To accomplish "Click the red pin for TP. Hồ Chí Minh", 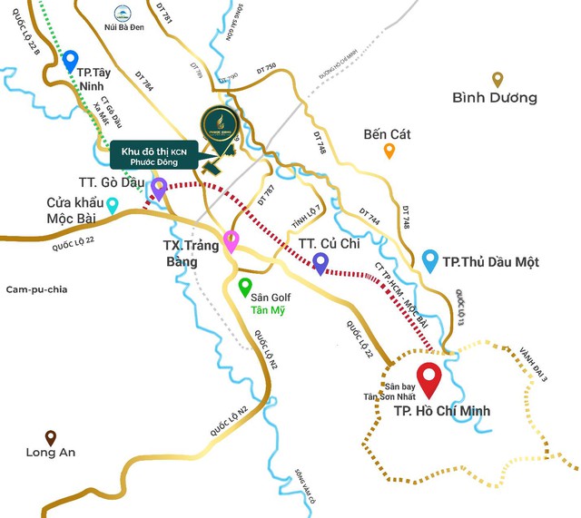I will pos(428,377).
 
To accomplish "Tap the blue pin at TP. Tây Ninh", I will pos(71,61).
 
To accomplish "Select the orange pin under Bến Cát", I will pos(389,151).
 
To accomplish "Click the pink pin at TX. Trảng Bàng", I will pos(231,241).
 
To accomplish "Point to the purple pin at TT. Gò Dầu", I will pos(159,189).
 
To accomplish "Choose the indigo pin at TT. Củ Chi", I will pos(320,262).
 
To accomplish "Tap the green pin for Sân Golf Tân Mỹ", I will pos(244,288).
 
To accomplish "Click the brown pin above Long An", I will pos(51,436).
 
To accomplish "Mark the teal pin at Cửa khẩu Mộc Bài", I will pos(112,205).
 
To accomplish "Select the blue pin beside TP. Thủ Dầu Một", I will pos(430,261).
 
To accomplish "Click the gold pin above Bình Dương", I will pos(497,79).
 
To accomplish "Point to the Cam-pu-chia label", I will pos(37,289).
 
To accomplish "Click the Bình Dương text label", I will pos(495,97).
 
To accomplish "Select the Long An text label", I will pos(51,453).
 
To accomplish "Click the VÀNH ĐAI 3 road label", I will pos(533,364).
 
